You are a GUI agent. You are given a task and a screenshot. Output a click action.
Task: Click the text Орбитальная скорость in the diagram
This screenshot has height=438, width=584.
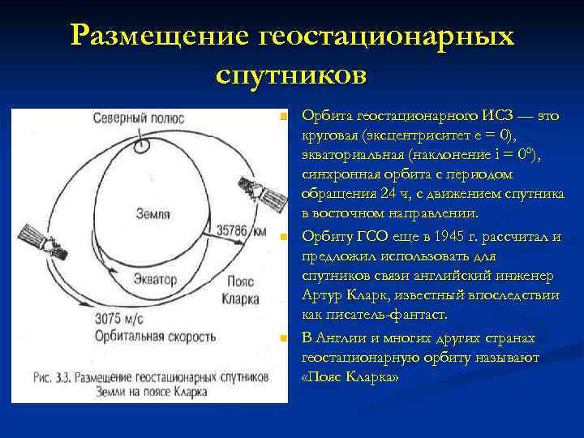(155, 335)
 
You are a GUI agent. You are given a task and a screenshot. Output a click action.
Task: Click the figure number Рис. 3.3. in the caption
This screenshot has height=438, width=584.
(58, 377)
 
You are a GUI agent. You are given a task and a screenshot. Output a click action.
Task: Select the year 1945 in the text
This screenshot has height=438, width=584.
(462, 237)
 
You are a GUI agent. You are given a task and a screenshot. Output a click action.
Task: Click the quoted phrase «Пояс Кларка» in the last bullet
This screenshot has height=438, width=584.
(350, 376)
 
